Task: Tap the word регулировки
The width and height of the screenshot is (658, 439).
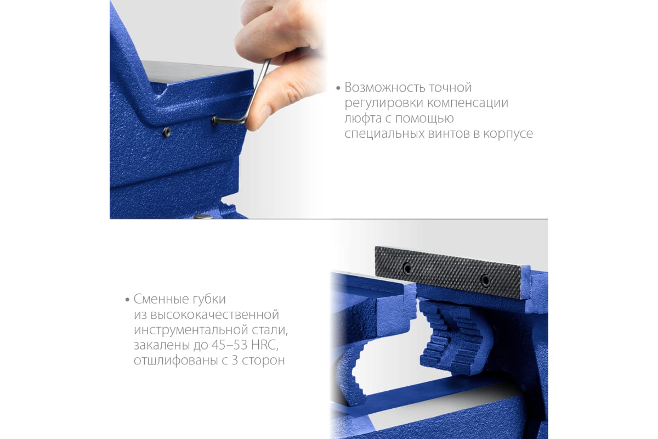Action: click(x=384, y=104)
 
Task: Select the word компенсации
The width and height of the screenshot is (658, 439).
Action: click(x=468, y=103)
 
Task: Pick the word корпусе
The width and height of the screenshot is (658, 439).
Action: click(x=508, y=134)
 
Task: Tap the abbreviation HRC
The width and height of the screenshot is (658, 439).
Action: click(x=264, y=345)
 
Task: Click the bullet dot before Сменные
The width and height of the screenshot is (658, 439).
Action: click(x=127, y=300)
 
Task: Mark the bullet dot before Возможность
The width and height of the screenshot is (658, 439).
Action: click(x=338, y=88)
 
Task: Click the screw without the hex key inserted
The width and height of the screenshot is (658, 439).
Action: click(x=167, y=132)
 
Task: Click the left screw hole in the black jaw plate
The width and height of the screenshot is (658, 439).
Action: click(x=407, y=268)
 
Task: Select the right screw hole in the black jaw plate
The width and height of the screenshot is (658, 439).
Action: click(x=485, y=280)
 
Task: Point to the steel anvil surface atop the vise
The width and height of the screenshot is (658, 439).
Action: click(x=197, y=71)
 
